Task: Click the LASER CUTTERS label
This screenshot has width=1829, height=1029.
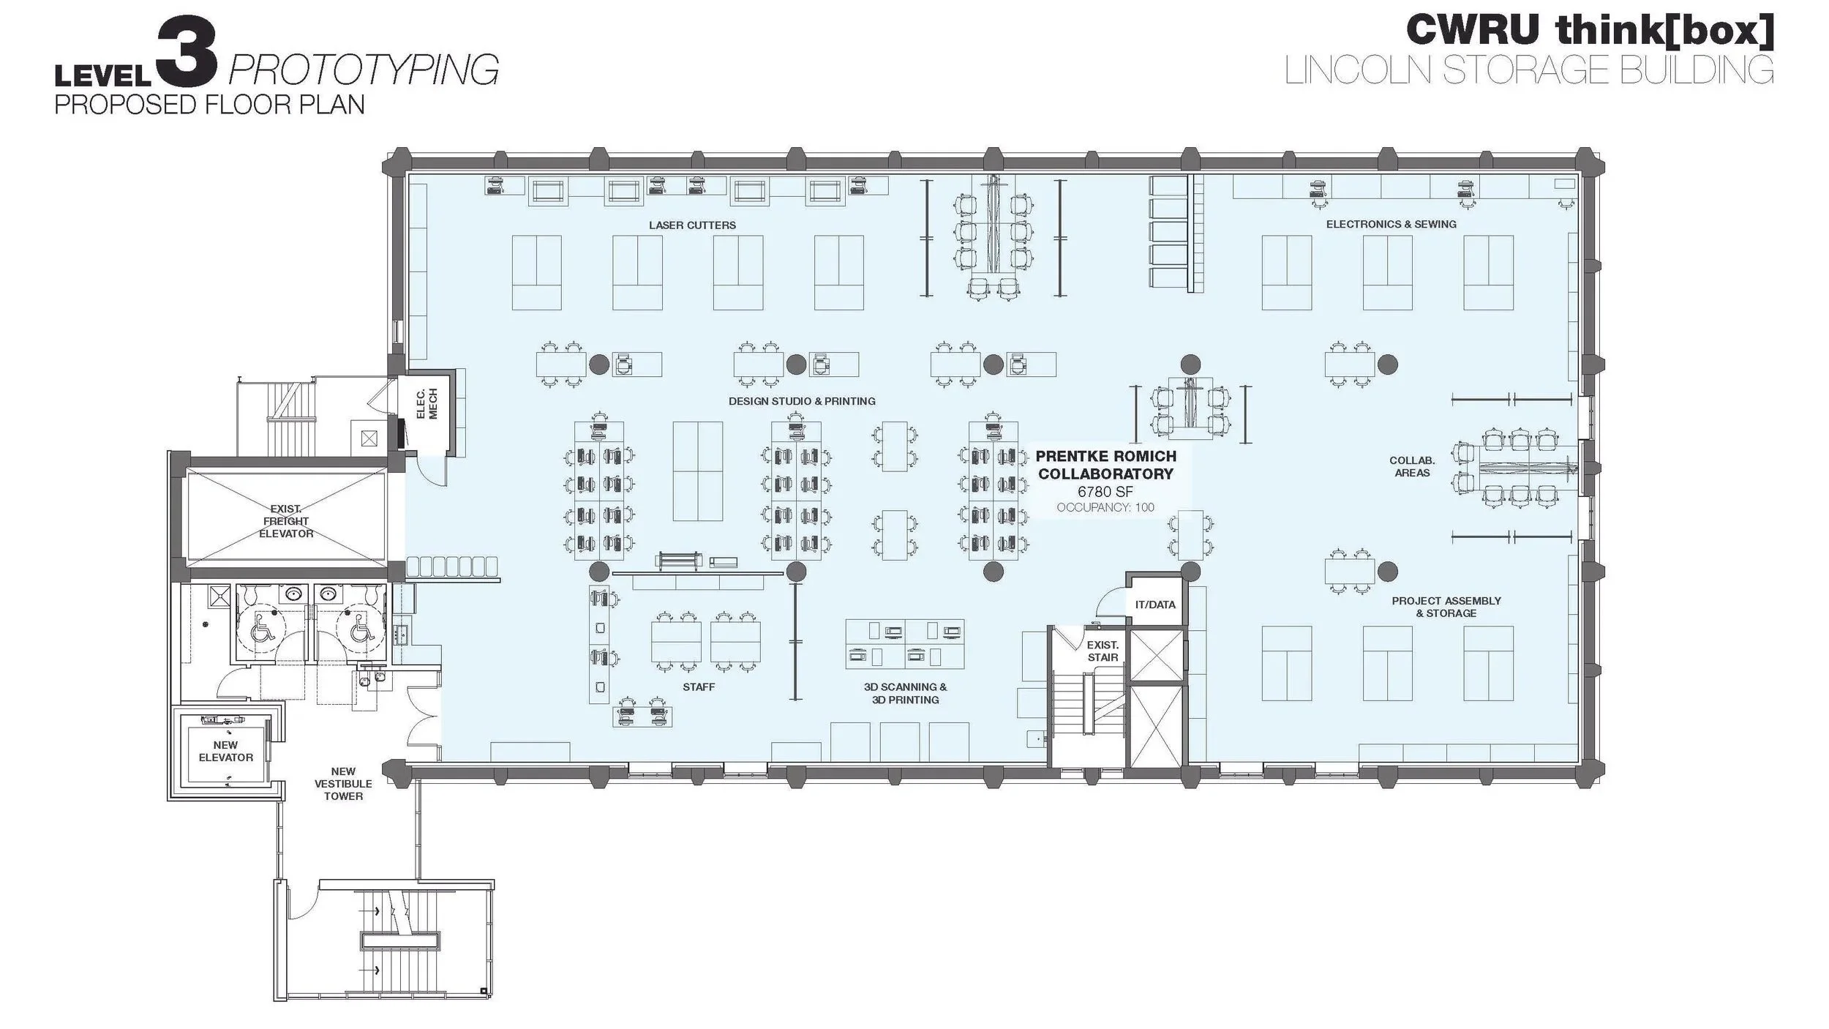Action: click(x=692, y=225)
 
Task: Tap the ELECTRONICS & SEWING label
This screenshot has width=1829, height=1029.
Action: click(x=1391, y=224)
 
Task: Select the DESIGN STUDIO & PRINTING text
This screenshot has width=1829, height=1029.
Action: click(x=802, y=401)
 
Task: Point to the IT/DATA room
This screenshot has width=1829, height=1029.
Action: click(x=1155, y=605)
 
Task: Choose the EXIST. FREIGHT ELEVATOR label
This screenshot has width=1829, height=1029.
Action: click(x=286, y=521)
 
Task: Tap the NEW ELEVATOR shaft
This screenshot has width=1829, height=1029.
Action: click(x=225, y=751)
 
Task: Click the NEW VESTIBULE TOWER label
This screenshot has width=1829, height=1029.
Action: click(x=343, y=783)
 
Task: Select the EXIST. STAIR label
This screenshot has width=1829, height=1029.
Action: click(x=1103, y=651)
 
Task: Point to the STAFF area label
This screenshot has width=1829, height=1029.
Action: click(x=699, y=686)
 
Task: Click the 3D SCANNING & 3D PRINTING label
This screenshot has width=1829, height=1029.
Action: click(x=905, y=693)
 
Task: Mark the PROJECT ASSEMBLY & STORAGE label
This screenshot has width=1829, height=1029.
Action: click(x=1446, y=607)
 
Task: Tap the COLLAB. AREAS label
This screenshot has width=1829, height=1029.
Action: click(x=1412, y=466)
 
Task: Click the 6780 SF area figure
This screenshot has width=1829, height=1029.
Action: click(x=1105, y=492)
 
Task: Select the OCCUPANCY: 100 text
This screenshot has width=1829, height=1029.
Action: click(x=1105, y=507)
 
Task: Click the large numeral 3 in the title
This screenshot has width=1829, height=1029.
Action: click(x=187, y=53)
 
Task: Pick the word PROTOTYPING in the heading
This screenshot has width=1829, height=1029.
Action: click(x=364, y=70)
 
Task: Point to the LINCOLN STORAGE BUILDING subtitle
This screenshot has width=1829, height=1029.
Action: click(x=1529, y=70)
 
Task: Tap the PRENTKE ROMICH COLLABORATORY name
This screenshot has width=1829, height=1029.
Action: click(x=1105, y=465)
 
